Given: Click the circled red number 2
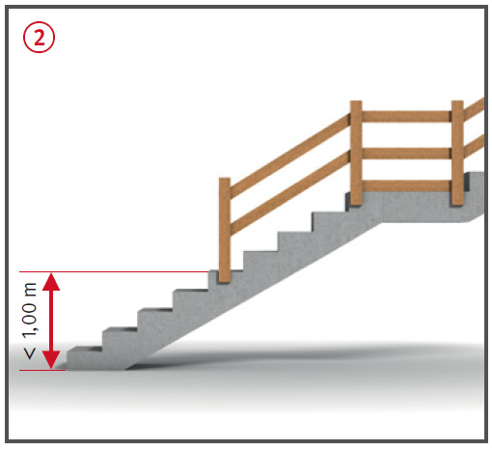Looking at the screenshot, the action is click(39, 38).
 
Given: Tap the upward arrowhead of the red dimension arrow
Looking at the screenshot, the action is click(51, 281).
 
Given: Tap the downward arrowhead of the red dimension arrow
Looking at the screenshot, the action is click(51, 360).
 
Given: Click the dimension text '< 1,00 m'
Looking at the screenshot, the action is click(30, 321).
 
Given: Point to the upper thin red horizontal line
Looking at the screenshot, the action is click(114, 272).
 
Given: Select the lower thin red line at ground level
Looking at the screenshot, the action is click(42, 370).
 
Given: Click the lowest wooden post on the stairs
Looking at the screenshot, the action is click(225, 230).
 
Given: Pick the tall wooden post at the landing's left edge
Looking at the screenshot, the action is click(356, 154).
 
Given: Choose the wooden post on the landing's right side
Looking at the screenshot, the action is click(457, 154).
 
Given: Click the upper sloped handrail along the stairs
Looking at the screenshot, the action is click(290, 155).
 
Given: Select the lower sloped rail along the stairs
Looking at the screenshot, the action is click(290, 192).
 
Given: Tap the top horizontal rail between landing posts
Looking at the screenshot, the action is click(407, 116).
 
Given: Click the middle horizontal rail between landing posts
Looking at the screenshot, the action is click(407, 154).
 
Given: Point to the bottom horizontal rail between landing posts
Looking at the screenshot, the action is click(407, 185).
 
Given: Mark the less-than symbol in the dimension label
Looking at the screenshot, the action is click(30, 354).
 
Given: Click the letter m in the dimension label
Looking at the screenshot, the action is click(30, 290).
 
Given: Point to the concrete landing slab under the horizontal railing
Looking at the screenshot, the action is click(415, 207).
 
